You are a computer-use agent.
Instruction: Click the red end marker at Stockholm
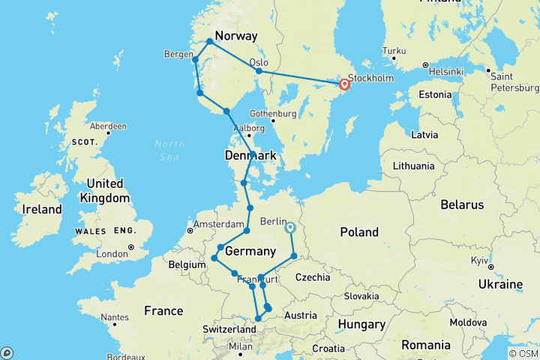345,85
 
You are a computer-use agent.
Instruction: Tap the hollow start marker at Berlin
289,228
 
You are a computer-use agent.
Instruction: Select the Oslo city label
259,61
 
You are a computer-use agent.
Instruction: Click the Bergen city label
178,54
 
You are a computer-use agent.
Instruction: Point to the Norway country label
236,36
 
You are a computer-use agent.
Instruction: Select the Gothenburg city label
268,113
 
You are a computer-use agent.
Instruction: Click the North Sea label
169,148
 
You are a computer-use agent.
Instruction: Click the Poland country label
359,232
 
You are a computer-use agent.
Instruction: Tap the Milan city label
240,346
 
